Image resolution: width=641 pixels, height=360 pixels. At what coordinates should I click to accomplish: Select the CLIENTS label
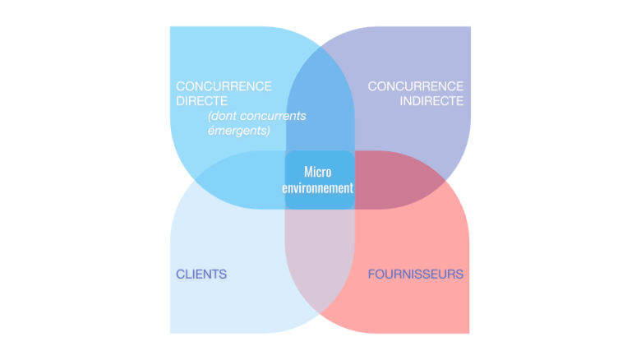(201, 274)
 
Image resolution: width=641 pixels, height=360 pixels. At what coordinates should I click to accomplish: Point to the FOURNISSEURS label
(415, 274)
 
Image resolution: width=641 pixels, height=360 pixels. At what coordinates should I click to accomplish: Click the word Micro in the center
(319, 172)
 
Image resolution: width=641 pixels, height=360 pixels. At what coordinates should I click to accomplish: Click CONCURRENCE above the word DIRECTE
(224, 86)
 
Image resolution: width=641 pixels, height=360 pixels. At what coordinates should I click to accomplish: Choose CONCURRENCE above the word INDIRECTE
(416, 86)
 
